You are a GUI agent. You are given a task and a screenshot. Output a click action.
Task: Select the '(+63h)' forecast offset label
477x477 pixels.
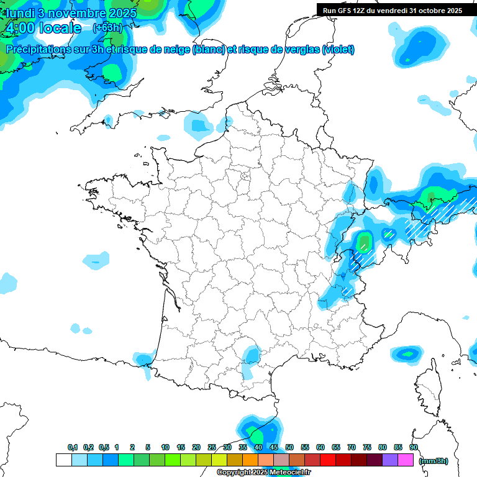107,27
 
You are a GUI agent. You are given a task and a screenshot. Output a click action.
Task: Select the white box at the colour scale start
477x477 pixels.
63,460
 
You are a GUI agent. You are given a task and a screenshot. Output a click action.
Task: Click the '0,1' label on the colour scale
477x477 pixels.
73,447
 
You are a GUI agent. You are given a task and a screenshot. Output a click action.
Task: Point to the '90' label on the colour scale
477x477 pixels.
414,447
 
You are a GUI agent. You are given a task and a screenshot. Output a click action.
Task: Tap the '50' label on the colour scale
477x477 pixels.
289,447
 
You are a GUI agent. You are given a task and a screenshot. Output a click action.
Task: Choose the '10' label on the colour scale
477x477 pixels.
165,447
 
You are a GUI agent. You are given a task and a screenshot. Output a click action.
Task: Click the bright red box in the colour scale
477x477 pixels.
328,460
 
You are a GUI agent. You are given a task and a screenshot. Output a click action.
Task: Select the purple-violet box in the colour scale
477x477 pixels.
390,460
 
